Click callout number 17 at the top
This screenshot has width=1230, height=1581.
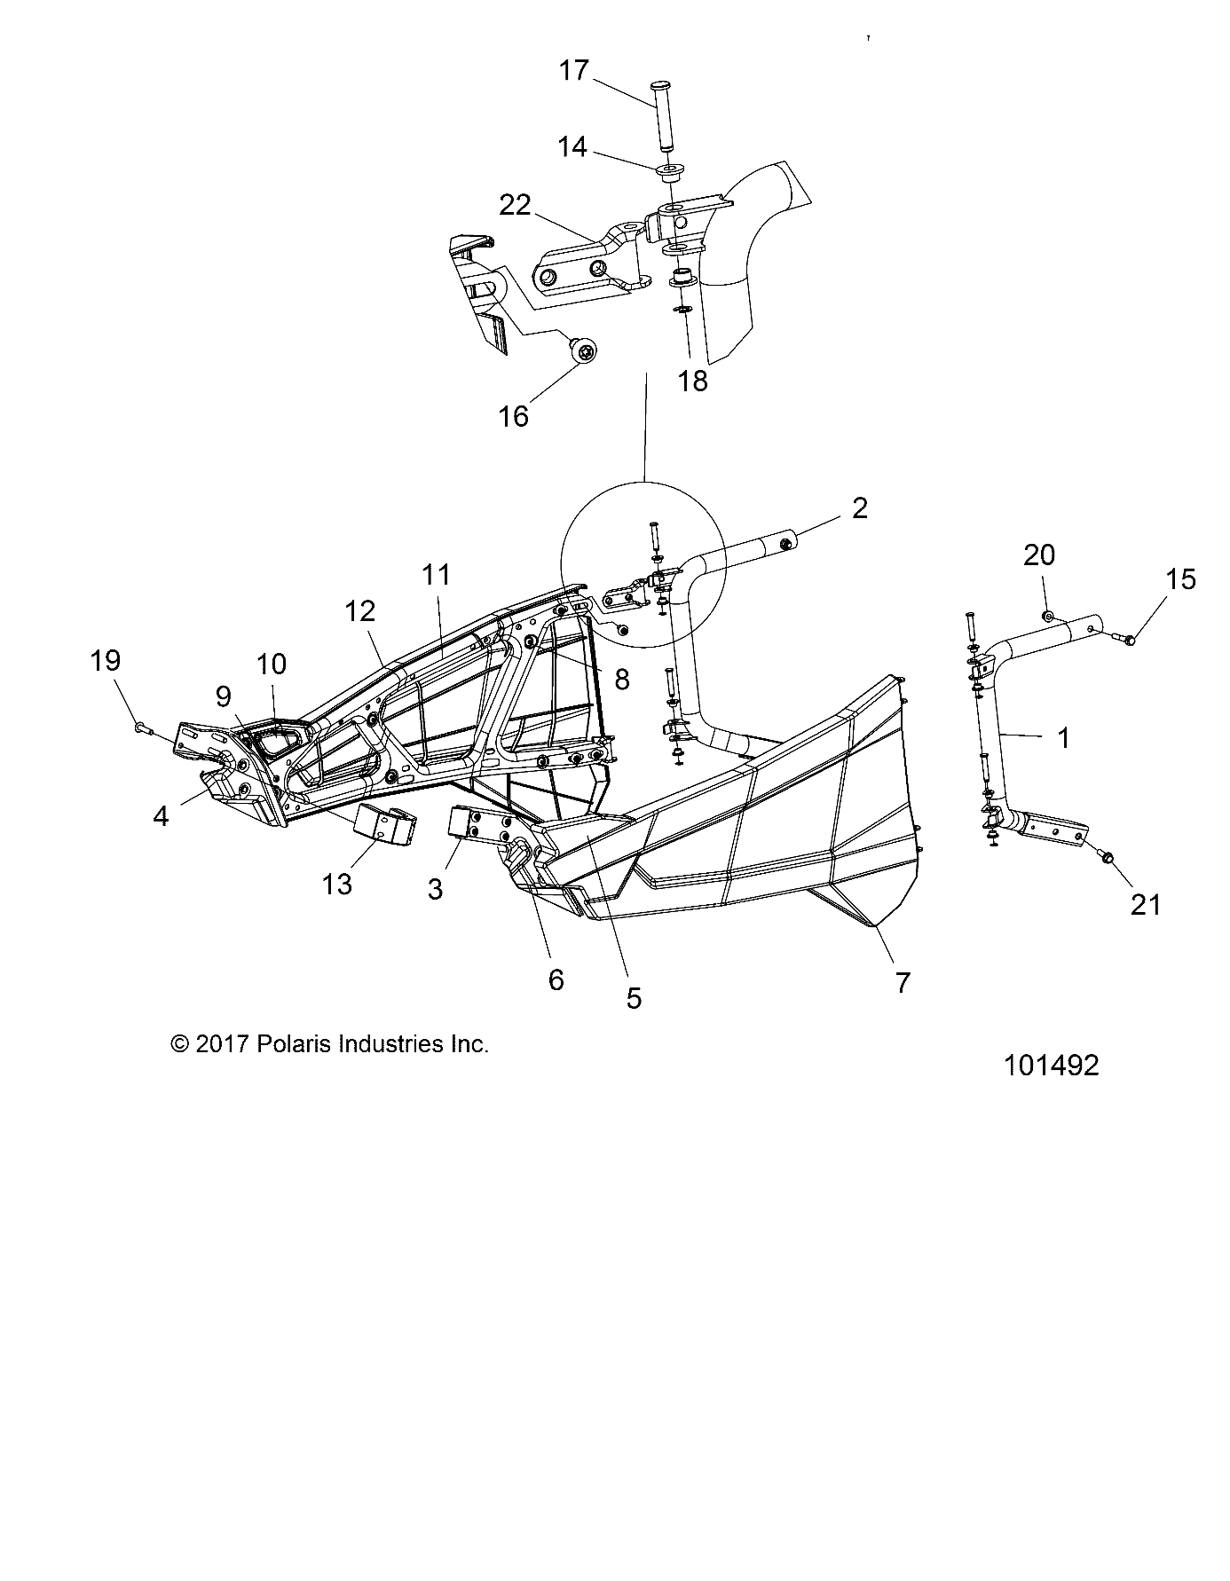click(x=574, y=70)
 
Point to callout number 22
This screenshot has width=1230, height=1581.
click(x=515, y=206)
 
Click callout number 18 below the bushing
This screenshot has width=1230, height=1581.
click(x=693, y=381)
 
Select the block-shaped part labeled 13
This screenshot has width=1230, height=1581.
click(x=385, y=824)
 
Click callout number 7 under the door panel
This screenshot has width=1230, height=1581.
click(x=902, y=982)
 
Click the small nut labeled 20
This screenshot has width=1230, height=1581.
click(x=1049, y=616)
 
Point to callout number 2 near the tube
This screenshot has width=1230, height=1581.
click(x=858, y=507)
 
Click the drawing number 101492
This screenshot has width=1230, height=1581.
click(x=1052, y=1065)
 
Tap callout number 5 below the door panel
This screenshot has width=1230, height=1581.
click(x=633, y=998)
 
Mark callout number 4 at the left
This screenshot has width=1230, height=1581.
click(x=160, y=815)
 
